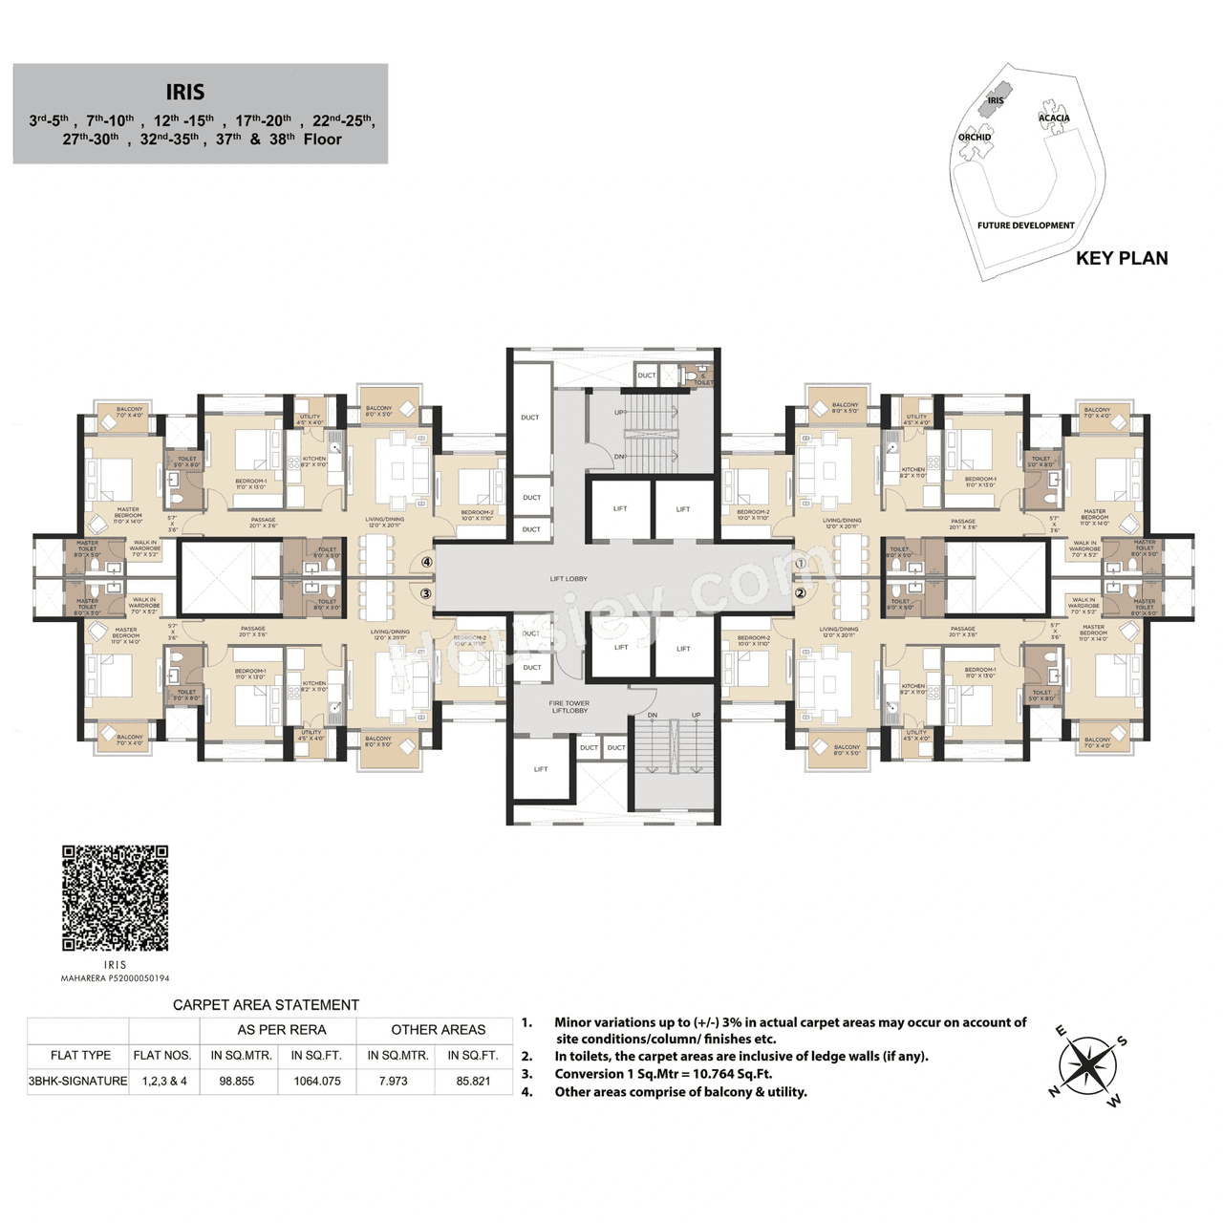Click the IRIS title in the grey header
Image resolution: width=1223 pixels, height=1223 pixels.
coord(184,92)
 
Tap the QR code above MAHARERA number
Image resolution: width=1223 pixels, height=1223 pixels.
coord(115,897)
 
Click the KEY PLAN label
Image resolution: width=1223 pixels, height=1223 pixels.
coord(1121,258)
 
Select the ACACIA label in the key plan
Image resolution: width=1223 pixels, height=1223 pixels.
coord(1054,118)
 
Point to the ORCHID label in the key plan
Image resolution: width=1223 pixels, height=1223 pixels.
coord(975,138)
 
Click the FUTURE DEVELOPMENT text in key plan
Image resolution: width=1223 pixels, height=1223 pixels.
coord(1025,225)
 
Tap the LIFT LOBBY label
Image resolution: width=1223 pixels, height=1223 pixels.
coord(569,579)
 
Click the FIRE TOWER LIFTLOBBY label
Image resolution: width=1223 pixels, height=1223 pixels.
coord(569,707)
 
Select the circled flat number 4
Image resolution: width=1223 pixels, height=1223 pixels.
coord(426,563)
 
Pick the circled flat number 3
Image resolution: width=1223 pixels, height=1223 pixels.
coord(426,593)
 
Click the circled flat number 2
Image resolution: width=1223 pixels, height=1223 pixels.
coord(801,593)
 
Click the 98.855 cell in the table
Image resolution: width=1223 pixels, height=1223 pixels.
coord(237,1082)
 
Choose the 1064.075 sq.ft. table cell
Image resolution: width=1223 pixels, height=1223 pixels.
coord(317,1082)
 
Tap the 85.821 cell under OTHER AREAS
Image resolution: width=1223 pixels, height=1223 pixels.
coord(473,1082)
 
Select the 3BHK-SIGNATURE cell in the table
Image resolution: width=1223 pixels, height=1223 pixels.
coord(77,1082)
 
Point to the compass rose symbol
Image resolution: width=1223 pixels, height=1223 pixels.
coord(1087,1064)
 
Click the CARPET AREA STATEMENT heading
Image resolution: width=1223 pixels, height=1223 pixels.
coord(266,1005)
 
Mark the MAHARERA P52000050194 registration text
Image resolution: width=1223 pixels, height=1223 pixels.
coord(115,978)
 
